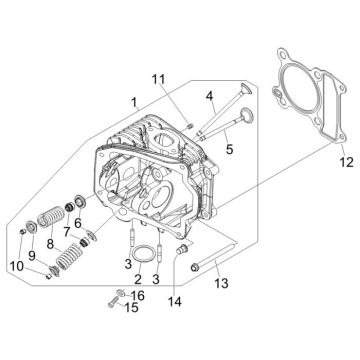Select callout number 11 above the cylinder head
click(158, 80)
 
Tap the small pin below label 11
click(160, 124)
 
